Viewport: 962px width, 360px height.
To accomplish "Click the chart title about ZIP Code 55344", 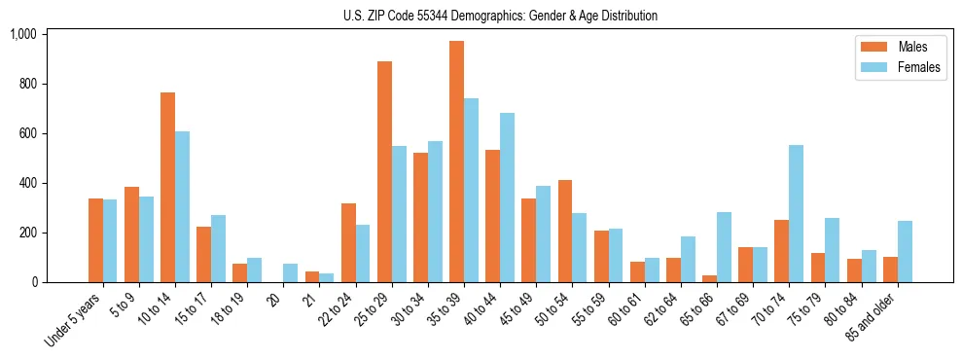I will tap(500, 16).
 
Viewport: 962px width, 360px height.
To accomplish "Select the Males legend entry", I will tap(899, 47).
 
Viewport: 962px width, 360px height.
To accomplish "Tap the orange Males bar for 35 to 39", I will tap(456, 162).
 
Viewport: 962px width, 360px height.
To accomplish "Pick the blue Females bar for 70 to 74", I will tap(796, 214).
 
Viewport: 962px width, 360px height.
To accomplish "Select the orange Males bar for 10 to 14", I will tap(167, 188).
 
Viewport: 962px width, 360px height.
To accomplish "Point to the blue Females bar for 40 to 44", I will tap(507, 198).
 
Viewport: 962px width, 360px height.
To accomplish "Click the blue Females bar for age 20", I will tap(290, 273).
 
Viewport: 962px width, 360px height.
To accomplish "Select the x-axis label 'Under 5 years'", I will tap(75, 320).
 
